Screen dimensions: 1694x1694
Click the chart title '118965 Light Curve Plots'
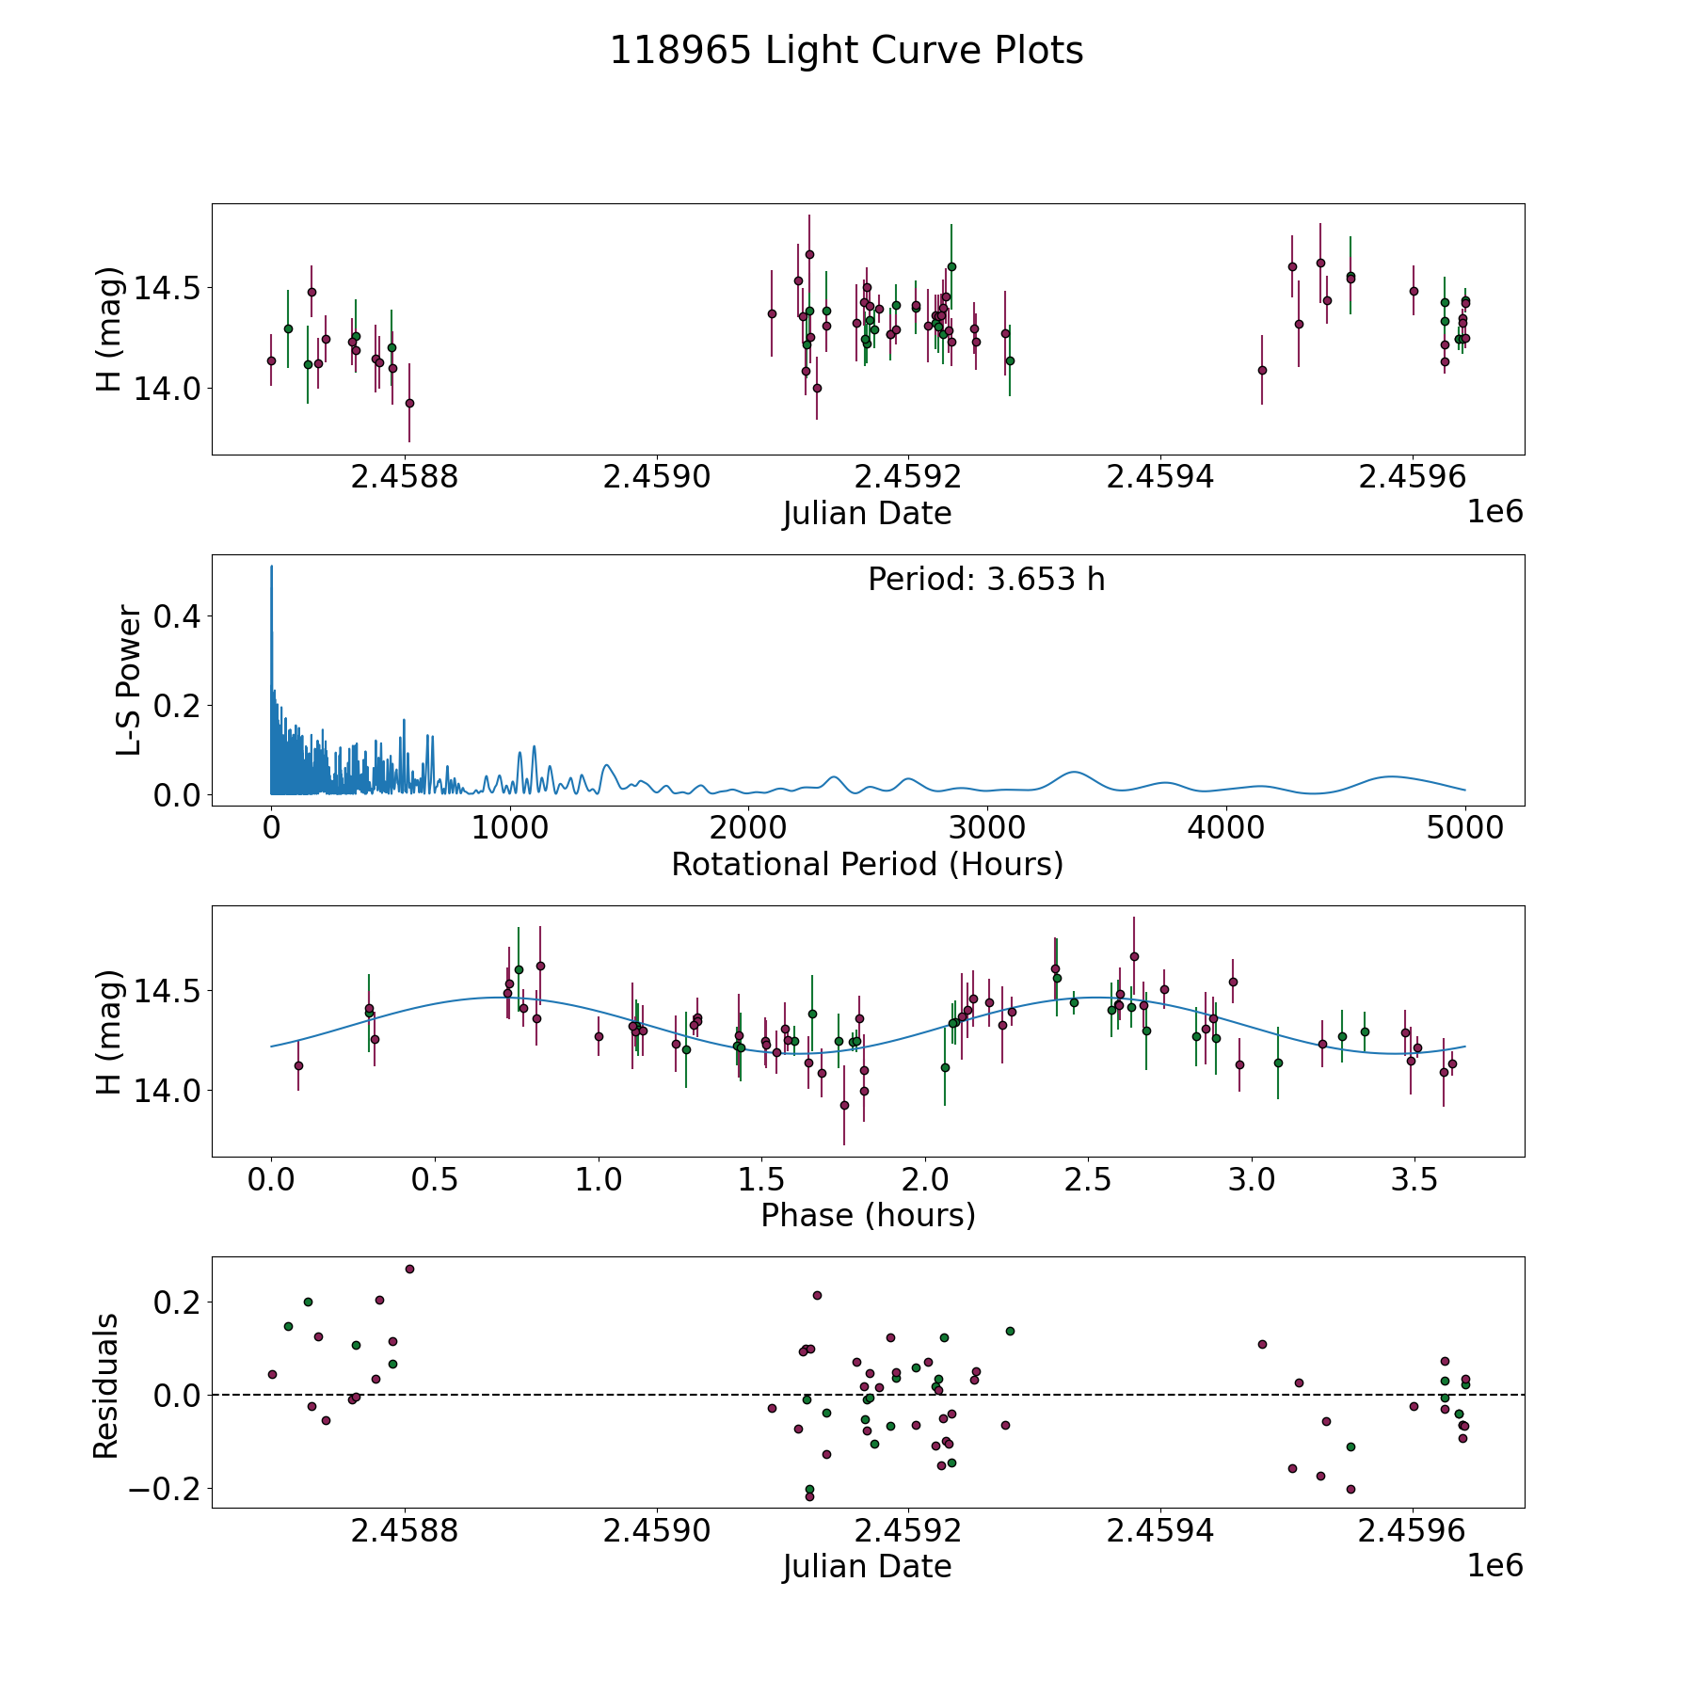click(x=846, y=51)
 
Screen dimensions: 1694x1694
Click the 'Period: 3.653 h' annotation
click(x=986, y=580)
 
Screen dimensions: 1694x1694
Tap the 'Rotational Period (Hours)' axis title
click(x=867, y=864)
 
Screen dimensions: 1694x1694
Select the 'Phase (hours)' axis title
click(x=868, y=1215)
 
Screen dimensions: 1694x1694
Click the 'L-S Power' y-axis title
click(x=129, y=680)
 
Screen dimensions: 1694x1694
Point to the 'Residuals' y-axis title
click(x=105, y=1386)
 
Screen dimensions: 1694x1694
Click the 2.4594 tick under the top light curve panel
click(x=1159, y=477)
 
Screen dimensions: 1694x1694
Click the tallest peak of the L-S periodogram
click(x=272, y=567)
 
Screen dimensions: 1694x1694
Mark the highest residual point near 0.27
click(x=409, y=1269)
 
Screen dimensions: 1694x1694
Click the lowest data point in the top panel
click(x=409, y=403)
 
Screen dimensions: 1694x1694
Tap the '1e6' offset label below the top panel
click(x=1494, y=512)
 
